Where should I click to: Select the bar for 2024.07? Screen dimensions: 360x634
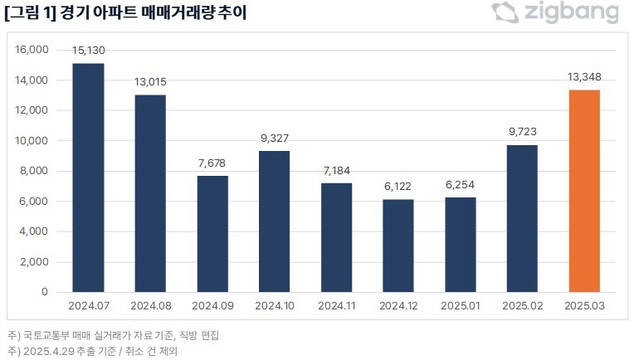pyautogui.click(x=89, y=178)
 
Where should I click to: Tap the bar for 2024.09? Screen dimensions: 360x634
pyautogui.click(x=213, y=234)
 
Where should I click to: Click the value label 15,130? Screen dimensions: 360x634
pyautogui.click(x=89, y=51)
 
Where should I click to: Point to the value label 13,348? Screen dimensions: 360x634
pyautogui.click(x=584, y=77)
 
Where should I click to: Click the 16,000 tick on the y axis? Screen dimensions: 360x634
pyautogui.click(x=33, y=50)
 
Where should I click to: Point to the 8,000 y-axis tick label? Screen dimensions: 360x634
pyautogui.click(x=36, y=171)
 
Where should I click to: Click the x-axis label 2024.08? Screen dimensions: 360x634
pyautogui.click(x=150, y=305)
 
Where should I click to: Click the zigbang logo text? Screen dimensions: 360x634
pyautogui.click(x=571, y=13)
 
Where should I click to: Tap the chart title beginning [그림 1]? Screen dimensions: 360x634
pyautogui.click(x=124, y=13)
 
